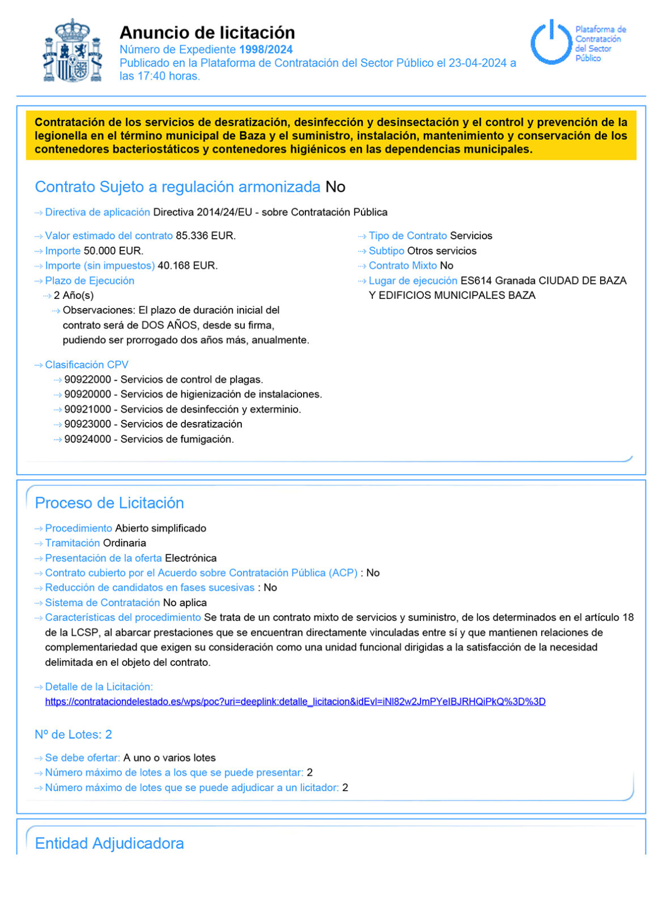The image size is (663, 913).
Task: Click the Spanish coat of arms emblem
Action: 73,51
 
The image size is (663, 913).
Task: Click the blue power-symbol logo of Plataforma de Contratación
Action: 550,42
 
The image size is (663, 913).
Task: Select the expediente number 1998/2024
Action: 266,49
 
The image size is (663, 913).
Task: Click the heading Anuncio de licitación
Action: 207,32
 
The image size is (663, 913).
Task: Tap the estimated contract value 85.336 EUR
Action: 205,235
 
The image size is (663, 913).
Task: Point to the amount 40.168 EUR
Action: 187,265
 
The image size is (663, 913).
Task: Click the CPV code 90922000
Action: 87,379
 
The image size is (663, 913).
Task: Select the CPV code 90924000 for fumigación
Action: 87,439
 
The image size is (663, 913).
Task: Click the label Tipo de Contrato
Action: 407,235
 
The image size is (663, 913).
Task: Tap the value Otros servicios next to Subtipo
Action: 441,251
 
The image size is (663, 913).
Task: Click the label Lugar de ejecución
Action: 413,280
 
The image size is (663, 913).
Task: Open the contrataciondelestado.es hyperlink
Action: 295,701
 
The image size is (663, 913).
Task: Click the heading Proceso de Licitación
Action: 109,503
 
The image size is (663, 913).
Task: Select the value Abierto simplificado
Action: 160,528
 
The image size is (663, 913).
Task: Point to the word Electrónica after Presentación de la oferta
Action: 190,558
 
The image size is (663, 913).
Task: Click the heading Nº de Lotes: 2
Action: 73,734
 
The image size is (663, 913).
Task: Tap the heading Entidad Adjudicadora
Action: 109,843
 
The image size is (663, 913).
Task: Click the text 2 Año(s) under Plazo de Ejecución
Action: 74,295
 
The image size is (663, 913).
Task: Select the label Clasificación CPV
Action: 87,365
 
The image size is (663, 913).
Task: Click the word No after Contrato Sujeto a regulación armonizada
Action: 335,187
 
